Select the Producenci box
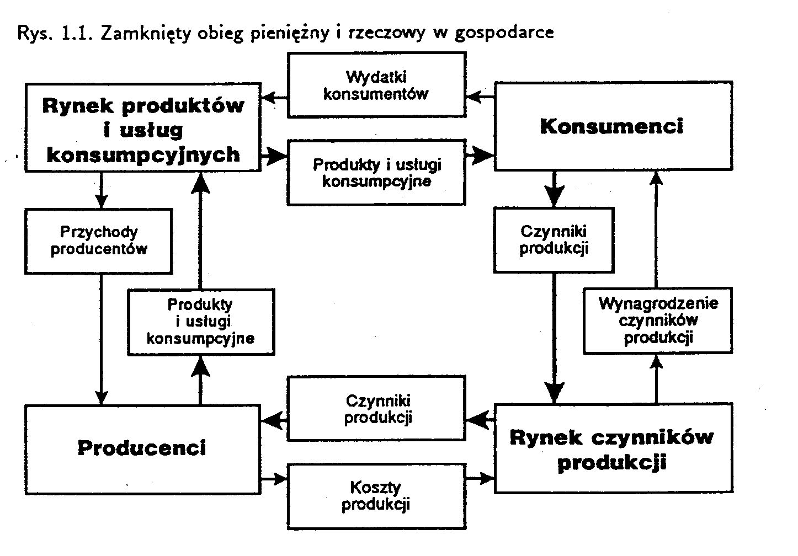tap(142, 448)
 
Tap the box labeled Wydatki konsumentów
tap(376, 85)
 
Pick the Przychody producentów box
tap(99, 240)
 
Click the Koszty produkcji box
tap(376, 496)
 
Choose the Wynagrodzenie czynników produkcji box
tap(658, 320)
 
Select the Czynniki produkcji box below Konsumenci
tap(554, 239)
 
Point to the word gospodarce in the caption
tap(504, 33)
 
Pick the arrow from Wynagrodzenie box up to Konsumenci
tap(656, 232)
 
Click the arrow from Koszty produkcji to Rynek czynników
tap(480, 478)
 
